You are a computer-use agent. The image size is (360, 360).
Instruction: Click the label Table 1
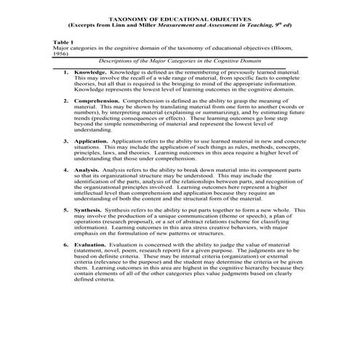[x=63, y=41]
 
